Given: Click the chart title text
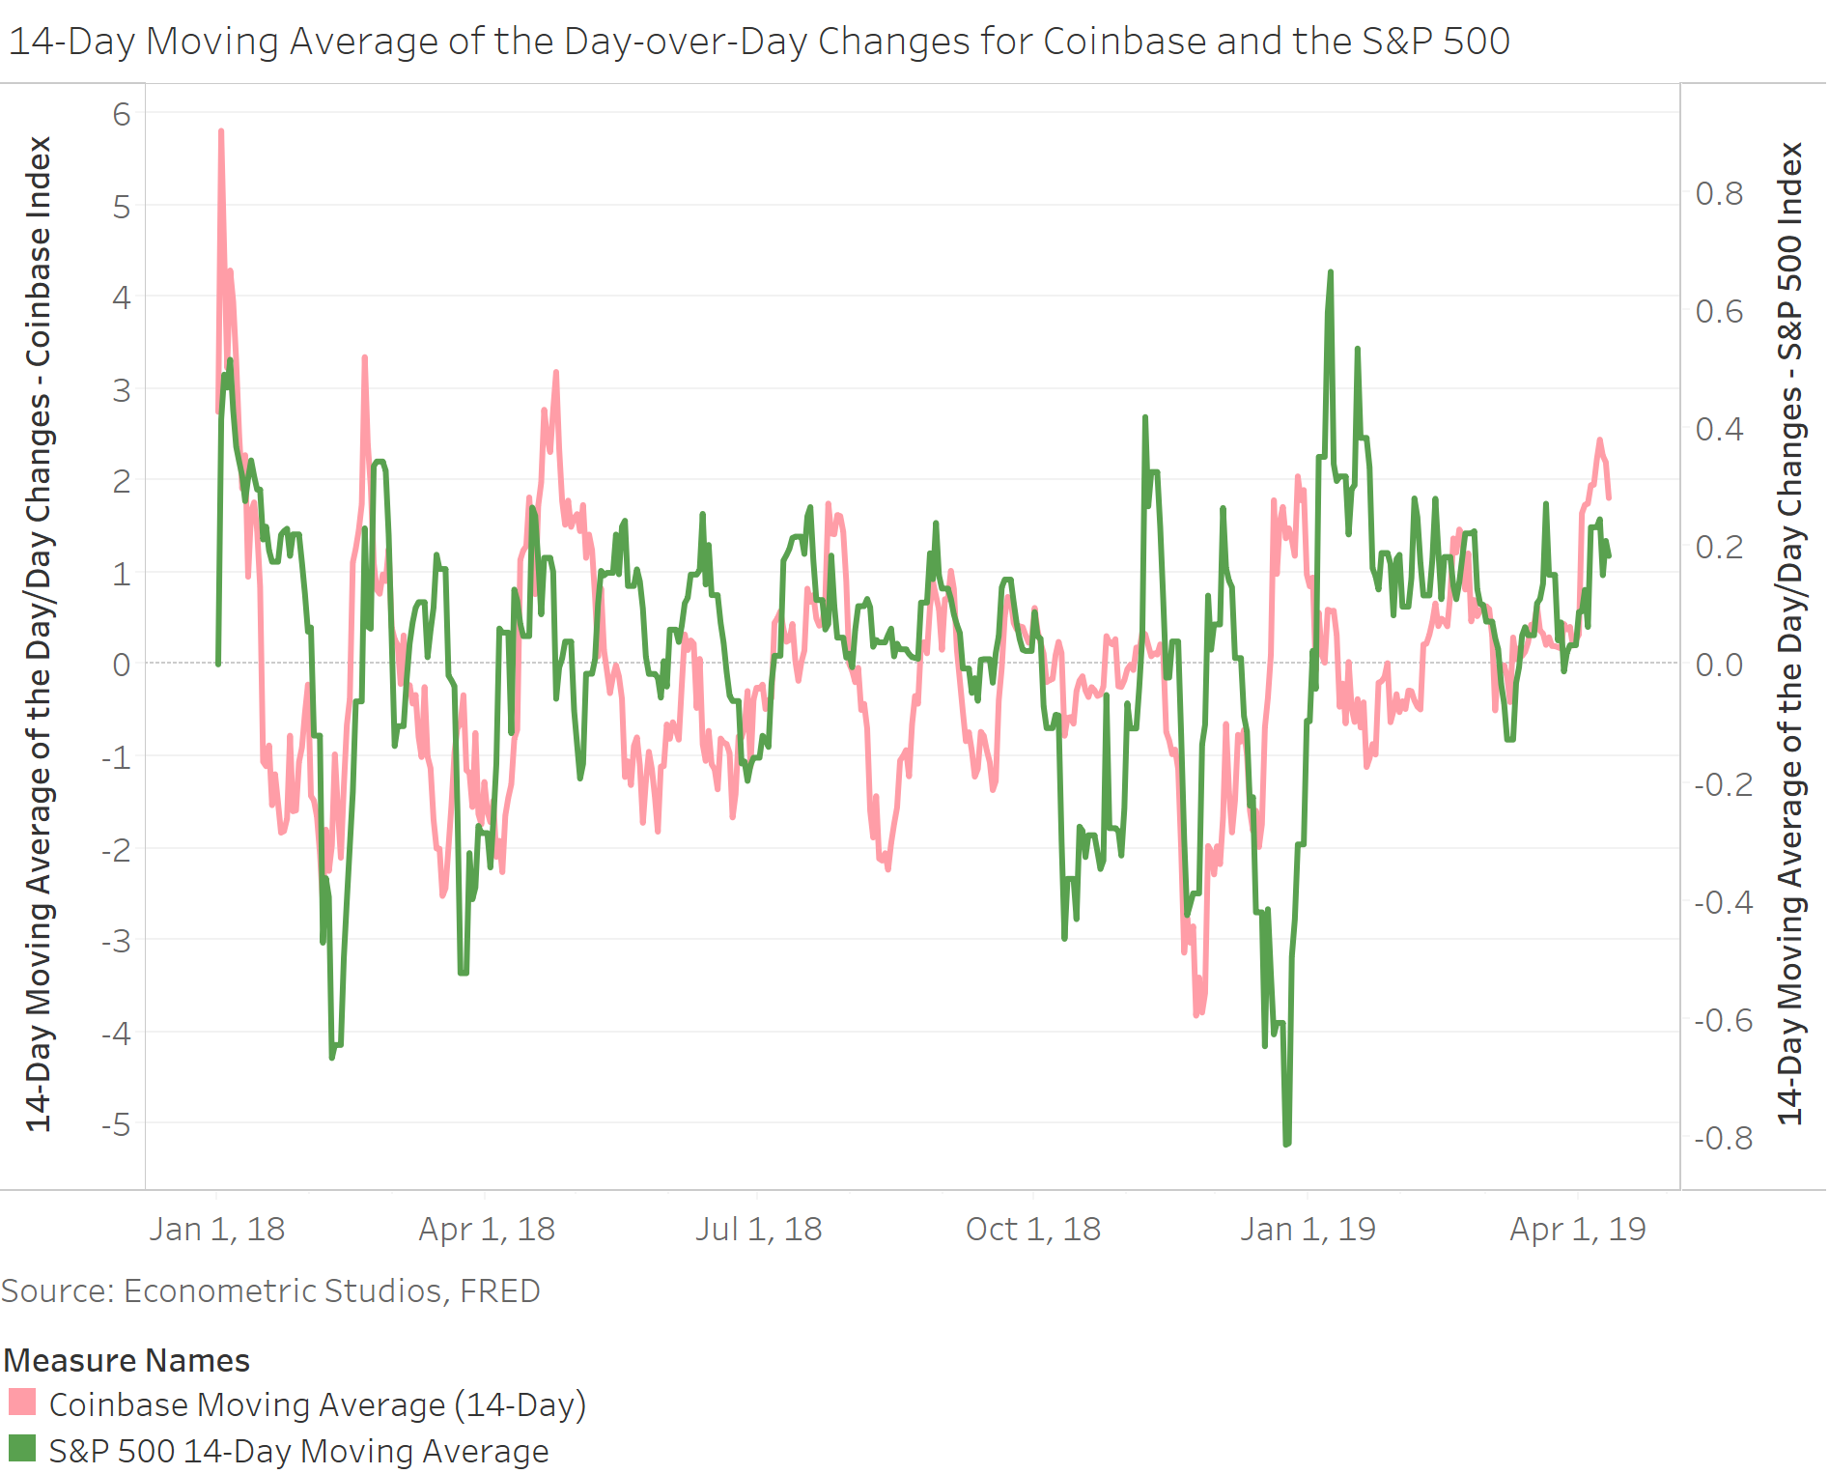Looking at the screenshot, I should [x=758, y=42].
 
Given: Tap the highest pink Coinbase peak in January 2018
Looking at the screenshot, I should [x=221, y=132].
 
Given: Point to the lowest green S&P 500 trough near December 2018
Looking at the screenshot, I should [x=1286, y=1143].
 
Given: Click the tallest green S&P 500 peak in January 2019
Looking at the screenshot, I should [x=1330, y=274].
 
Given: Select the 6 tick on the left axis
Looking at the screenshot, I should [x=122, y=114].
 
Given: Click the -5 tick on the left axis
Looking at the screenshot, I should [x=118, y=1124].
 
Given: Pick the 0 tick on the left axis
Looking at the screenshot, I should [x=122, y=665].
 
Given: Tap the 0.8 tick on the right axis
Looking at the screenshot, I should [x=1719, y=193].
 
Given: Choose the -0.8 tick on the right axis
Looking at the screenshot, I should [x=1723, y=1138].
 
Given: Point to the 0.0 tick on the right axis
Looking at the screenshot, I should [x=1719, y=665].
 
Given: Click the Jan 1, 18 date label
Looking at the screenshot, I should [x=217, y=1229].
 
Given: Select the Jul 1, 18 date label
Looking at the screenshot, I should [x=758, y=1229].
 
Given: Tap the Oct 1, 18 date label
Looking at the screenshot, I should [x=1033, y=1229].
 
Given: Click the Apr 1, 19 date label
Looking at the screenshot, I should [x=1578, y=1229].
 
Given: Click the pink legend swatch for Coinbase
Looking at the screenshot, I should [x=22, y=1403].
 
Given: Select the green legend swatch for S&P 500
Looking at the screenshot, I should [x=22, y=1449].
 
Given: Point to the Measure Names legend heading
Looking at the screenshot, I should [x=127, y=1360].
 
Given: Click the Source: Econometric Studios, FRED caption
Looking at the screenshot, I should [x=270, y=1290].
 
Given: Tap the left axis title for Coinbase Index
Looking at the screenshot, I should [x=39, y=633].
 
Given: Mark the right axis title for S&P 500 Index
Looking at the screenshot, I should [x=1790, y=633].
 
